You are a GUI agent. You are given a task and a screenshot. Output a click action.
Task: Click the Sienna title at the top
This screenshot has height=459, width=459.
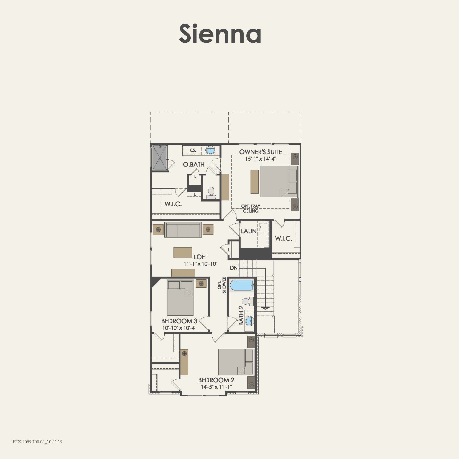220,34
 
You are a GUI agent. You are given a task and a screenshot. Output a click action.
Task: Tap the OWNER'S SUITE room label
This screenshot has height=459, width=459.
260,152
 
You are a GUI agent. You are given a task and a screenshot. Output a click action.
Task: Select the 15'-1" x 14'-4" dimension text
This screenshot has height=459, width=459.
261,159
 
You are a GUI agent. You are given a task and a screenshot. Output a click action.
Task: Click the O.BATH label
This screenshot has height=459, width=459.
193,164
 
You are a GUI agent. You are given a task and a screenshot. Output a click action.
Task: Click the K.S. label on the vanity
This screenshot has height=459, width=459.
193,151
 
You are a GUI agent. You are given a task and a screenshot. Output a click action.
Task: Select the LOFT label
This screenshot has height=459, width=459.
200,257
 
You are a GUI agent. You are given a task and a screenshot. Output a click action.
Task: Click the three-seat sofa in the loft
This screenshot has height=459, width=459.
183,230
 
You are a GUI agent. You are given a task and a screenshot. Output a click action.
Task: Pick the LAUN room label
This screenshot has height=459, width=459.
248,231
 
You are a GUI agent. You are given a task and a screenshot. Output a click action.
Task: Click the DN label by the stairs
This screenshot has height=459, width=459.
234,268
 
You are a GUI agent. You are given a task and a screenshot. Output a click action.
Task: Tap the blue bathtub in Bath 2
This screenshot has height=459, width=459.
242,285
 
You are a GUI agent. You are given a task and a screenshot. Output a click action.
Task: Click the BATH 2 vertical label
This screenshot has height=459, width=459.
241,315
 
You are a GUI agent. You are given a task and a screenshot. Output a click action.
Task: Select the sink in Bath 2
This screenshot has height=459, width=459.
250,321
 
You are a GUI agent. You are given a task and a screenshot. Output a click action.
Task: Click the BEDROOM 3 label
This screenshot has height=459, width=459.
179,321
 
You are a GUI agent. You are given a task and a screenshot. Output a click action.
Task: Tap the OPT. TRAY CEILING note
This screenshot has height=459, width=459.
251,208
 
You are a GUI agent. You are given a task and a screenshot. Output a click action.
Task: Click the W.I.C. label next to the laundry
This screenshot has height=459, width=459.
283,238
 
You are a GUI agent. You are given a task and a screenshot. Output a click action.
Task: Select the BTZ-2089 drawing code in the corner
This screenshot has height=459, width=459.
37,442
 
